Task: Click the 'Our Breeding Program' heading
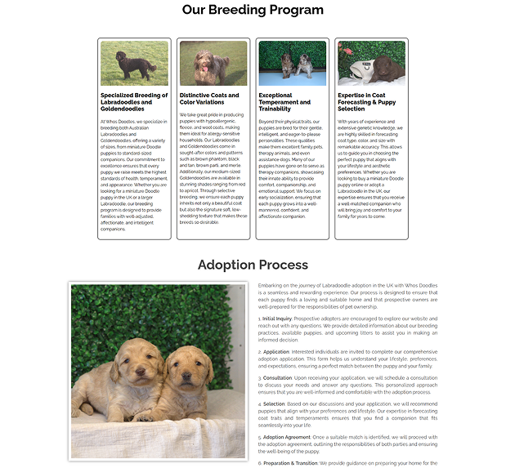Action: point(252,10)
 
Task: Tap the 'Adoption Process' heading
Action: point(252,264)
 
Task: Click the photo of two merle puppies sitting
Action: point(293,63)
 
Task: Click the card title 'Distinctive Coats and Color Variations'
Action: point(208,99)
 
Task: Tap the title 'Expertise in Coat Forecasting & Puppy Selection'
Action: point(367,101)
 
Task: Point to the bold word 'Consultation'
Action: point(279,378)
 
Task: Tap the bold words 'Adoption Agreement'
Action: point(286,437)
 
